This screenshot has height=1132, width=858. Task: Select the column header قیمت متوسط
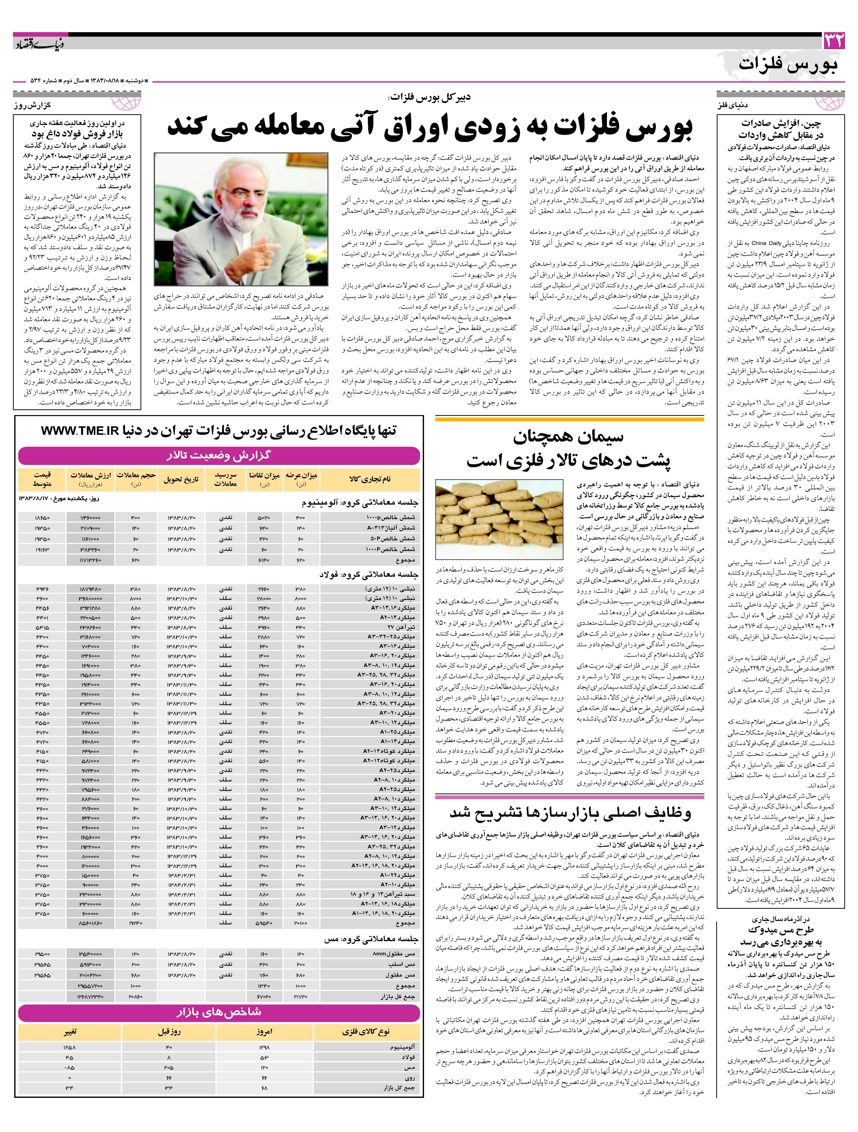tap(42, 479)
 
